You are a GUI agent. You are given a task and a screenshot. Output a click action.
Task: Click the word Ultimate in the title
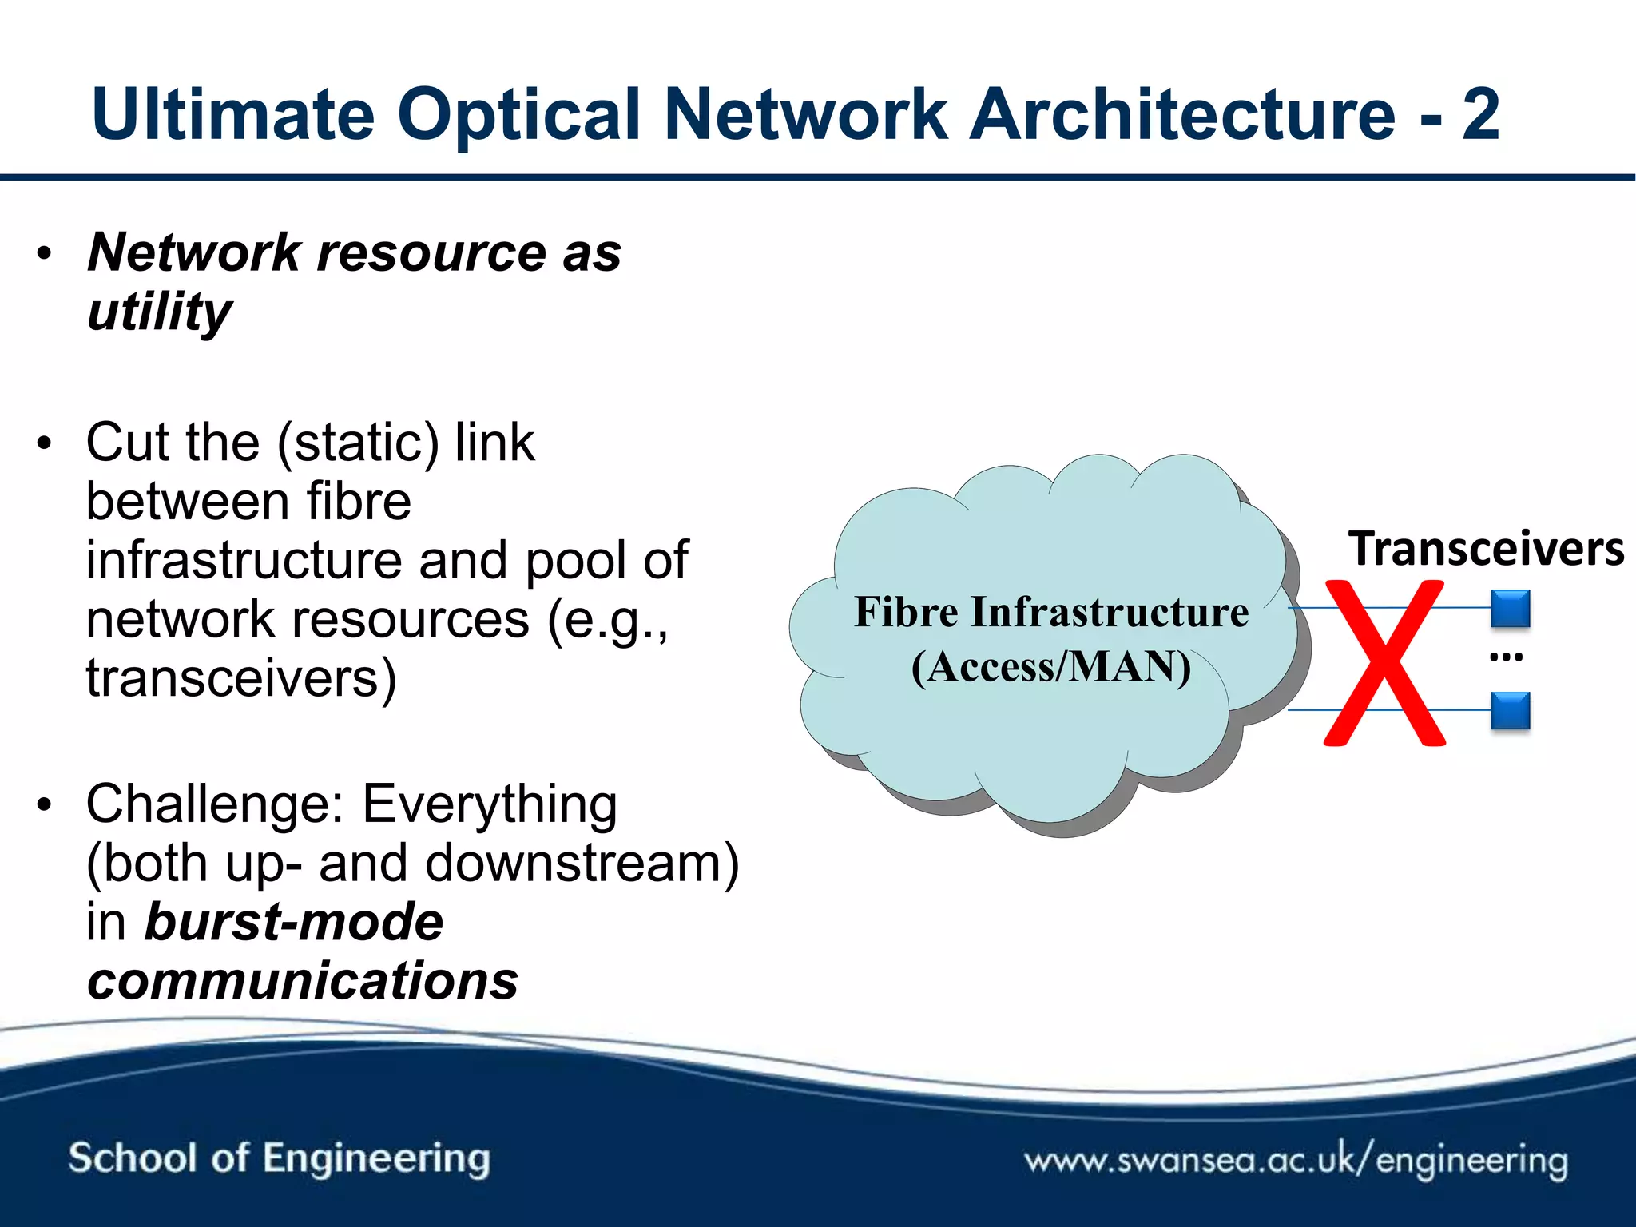tap(232, 114)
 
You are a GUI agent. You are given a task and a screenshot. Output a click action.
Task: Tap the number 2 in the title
tap(1480, 114)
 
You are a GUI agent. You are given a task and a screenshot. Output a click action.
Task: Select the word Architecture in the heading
tap(1182, 114)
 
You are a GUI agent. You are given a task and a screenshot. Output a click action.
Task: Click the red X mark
tap(1384, 663)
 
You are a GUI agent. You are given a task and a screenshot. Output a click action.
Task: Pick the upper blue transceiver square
tap(1510, 609)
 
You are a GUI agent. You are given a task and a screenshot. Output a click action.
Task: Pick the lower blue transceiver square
tap(1510, 711)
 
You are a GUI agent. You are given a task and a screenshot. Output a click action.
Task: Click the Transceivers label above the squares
tap(1486, 550)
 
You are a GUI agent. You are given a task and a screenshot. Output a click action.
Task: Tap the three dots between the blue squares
tap(1507, 657)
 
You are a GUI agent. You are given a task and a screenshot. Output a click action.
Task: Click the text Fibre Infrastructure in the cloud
tap(1051, 613)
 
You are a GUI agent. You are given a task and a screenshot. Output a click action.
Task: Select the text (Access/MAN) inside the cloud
tap(1051, 667)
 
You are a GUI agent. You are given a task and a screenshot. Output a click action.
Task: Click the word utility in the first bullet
tap(160, 312)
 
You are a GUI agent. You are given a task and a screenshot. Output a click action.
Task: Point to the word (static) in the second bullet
tap(358, 443)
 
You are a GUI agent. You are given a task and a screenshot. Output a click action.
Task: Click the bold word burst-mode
tap(293, 923)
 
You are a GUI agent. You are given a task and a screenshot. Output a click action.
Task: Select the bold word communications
tap(303, 981)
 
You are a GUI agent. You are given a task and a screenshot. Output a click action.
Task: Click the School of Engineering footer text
tap(279, 1158)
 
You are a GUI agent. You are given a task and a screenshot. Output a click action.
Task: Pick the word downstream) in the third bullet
tap(582, 864)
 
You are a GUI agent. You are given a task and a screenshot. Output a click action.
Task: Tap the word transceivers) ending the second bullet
tap(241, 678)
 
